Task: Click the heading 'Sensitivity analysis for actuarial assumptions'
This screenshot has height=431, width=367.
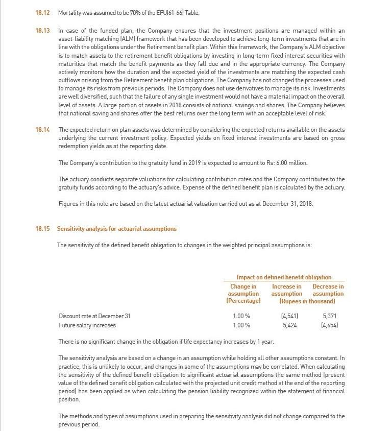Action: point(117,228)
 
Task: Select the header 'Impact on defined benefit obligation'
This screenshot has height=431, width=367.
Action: point(284,277)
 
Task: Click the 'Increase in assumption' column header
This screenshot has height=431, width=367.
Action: point(286,290)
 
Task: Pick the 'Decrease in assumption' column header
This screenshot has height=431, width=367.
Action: point(328,290)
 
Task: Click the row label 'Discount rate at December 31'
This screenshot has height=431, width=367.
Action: point(94,316)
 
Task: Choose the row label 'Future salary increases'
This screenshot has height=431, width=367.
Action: point(87,325)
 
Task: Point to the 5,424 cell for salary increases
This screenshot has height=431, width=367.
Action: point(289,325)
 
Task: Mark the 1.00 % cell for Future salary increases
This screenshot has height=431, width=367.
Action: point(241,325)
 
